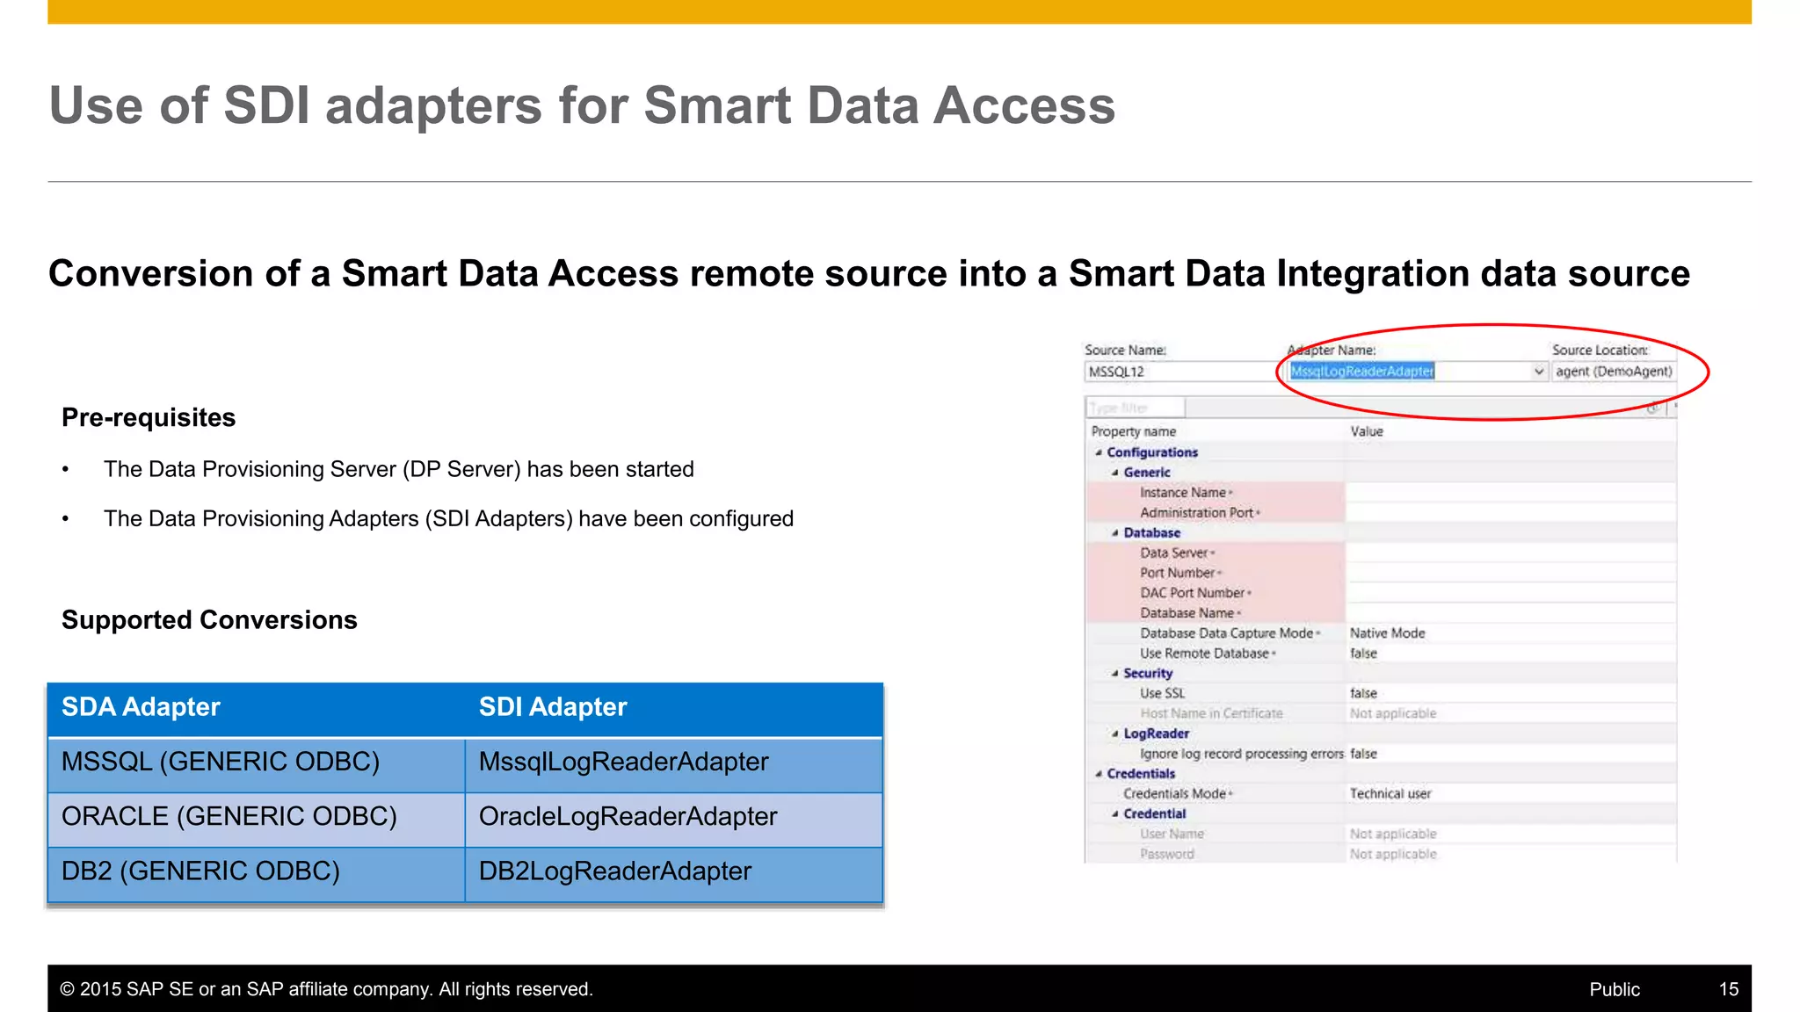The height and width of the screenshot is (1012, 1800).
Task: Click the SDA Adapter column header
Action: click(x=141, y=707)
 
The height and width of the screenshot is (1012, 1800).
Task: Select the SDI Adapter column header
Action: click(x=552, y=707)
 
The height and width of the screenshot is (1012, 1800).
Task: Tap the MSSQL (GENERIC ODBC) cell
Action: click(x=221, y=762)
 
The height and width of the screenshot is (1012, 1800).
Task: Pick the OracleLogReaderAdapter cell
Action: click(x=628, y=817)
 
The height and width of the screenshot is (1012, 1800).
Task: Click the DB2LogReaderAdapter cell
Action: click(x=614, y=871)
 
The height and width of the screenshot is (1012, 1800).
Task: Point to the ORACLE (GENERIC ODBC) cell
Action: click(x=229, y=817)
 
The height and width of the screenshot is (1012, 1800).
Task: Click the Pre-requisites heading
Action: click(x=149, y=417)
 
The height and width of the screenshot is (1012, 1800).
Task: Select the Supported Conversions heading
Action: click(x=209, y=620)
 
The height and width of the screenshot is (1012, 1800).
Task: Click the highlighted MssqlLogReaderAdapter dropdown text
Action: click(x=1361, y=372)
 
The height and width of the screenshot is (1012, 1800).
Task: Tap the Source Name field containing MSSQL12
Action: click(x=1178, y=372)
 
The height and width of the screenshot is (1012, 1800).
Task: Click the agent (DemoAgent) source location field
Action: click(x=1613, y=372)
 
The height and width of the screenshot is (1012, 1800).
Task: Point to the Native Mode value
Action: click(x=1387, y=633)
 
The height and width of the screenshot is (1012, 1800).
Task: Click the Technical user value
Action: click(x=1390, y=794)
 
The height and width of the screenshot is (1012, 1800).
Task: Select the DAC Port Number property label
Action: click(x=1192, y=593)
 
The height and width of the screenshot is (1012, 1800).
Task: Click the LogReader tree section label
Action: click(x=1156, y=734)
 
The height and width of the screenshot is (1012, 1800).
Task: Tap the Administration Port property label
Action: click(x=1196, y=513)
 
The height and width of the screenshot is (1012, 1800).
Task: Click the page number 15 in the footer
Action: click(x=1728, y=989)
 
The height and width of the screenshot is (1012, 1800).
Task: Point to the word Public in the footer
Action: click(x=1615, y=989)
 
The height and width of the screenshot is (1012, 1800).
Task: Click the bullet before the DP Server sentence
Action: click(x=66, y=470)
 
